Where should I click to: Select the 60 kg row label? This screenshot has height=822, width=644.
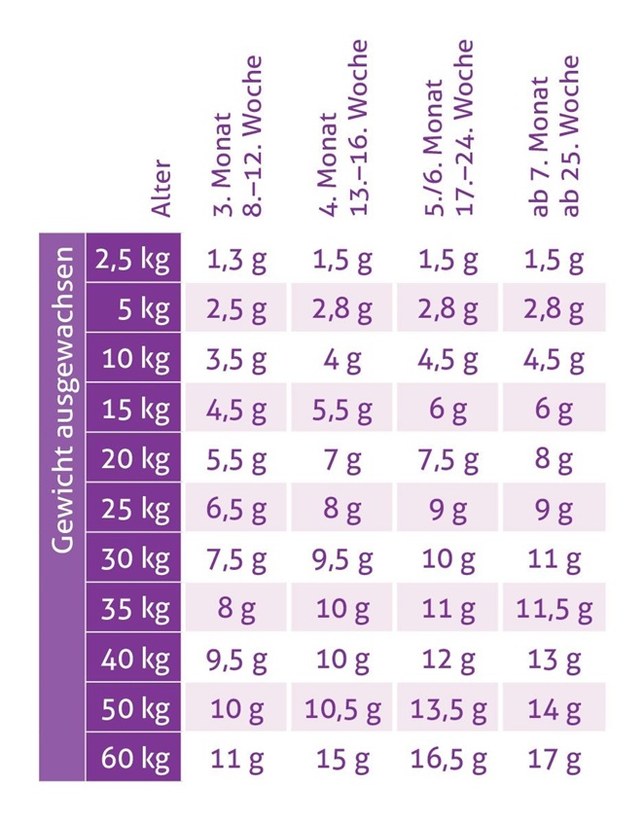tap(133, 758)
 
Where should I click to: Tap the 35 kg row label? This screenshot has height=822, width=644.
tap(133, 608)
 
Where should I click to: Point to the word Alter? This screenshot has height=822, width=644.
tap(161, 188)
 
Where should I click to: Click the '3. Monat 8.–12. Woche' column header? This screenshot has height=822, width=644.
tap(236, 136)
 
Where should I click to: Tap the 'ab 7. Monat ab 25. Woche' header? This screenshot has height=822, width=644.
tap(557, 136)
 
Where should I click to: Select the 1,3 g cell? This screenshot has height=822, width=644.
tap(235, 259)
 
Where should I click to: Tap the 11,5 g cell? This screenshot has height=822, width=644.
tap(555, 609)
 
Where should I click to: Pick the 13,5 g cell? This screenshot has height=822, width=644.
tap(448, 709)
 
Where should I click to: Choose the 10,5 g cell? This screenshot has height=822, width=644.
tap(342, 709)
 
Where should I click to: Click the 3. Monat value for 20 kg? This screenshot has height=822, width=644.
tap(235, 459)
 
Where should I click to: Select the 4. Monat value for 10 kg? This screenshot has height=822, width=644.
tap(342, 359)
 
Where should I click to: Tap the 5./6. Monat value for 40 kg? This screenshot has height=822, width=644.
tap(448, 660)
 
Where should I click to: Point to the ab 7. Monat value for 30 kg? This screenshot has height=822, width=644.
tap(555, 559)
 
